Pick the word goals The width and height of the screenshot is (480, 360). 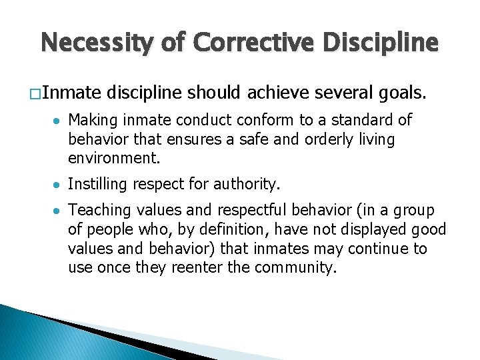(x=403, y=95)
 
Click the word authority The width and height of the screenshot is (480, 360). (x=246, y=184)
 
